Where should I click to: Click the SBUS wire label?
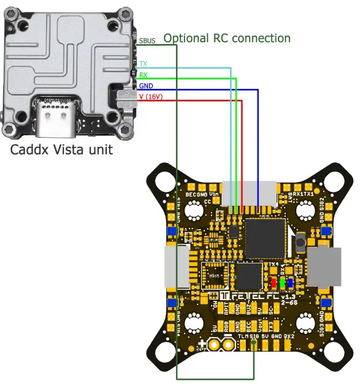point(147,41)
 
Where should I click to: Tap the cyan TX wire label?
point(143,64)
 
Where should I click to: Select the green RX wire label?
point(143,75)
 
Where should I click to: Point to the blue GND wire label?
point(146,85)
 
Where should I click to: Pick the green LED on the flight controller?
point(281,283)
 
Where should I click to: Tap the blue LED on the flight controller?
point(289,283)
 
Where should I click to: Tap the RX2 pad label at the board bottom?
point(289,336)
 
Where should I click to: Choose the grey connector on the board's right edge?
point(323,267)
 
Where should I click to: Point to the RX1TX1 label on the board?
point(304,194)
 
